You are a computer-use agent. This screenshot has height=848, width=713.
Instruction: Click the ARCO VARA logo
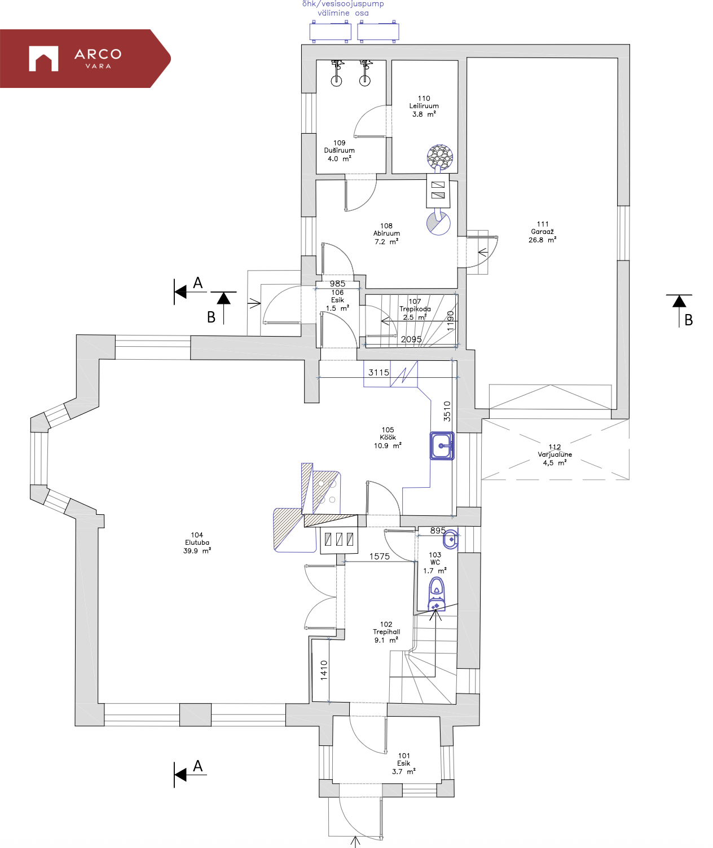coord(85,59)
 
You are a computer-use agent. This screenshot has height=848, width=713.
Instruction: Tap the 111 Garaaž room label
coord(543,232)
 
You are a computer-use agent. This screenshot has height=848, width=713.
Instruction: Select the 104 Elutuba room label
coord(197,542)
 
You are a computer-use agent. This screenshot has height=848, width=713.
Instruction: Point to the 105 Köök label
coord(388,438)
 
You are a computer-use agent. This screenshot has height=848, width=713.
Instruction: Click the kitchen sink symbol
coord(442,445)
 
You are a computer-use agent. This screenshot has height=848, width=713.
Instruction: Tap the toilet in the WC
coord(437,594)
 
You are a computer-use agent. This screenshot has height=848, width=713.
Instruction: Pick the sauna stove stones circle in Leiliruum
coord(439,156)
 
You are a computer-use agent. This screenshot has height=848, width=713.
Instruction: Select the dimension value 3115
coord(378,372)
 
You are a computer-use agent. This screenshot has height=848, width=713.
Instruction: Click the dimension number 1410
coord(324,670)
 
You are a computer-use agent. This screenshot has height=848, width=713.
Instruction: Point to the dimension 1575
coord(380,556)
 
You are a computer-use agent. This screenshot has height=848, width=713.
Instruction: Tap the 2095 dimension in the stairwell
coord(411,339)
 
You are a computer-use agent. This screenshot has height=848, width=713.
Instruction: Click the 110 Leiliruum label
coord(424,106)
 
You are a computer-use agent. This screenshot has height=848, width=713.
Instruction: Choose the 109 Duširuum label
coord(339,151)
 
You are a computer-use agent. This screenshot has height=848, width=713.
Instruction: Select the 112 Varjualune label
coord(554,455)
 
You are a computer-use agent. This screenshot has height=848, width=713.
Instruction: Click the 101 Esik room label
coord(404,763)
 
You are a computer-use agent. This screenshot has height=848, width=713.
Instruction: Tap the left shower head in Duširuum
coord(336,74)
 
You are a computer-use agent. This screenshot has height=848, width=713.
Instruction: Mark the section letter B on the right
coord(688,320)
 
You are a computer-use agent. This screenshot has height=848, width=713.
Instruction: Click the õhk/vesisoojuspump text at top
coord(343,4)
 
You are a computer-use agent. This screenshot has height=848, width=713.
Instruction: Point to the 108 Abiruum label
coord(386,233)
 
